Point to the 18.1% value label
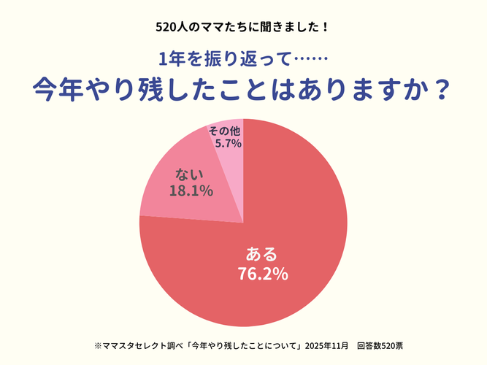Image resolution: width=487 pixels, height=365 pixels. pyautogui.click(x=191, y=191)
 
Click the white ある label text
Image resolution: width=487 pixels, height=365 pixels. pyautogui.click(x=261, y=255)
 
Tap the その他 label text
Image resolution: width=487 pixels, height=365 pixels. pyautogui.click(x=224, y=131)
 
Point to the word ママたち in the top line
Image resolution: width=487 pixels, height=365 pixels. pyautogui.click(x=222, y=27)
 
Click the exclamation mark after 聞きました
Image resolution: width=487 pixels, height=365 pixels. pyautogui.click(x=324, y=27)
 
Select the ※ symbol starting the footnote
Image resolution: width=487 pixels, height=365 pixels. pyautogui.click(x=98, y=343)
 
